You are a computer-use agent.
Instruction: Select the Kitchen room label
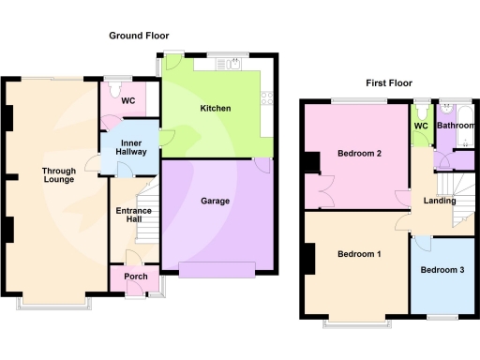tap(216, 108)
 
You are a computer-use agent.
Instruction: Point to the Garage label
tap(216, 201)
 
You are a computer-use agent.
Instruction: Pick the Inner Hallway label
tap(130, 148)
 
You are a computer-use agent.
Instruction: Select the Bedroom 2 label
tap(359, 154)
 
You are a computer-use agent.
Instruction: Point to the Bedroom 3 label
tap(442, 270)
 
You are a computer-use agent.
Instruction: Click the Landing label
tap(439, 201)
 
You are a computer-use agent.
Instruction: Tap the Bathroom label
tap(456, 125)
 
